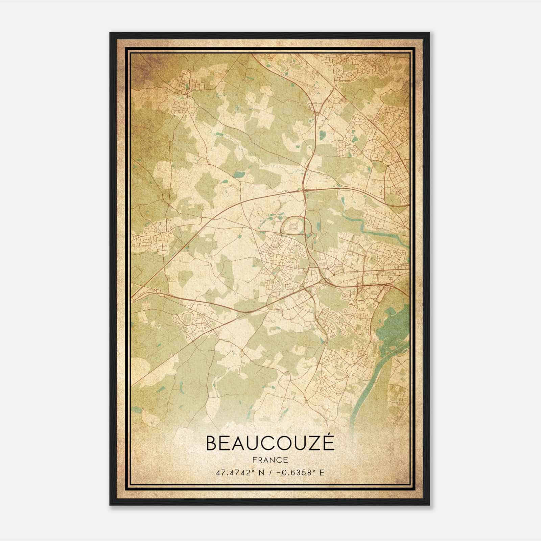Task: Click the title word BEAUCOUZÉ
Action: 270,443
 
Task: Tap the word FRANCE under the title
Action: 270,460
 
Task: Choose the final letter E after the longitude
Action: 322,472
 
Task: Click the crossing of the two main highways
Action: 304,191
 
